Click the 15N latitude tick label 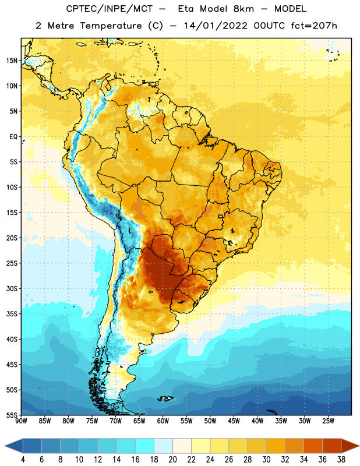(x=12, y=61)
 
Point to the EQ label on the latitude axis (x=13, y=137)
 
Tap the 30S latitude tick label (x=12, y=288)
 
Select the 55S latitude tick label (x=12, y=415)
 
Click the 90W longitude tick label (x=21, y=421)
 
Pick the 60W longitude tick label (x=163, y=421)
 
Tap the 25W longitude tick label (x=328, y=421)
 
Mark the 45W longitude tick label (x=234, y=421)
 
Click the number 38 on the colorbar (x=341, y=460)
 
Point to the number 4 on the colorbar (x=23, y=460)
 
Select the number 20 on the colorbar (x=172, y=460)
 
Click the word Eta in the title (x=185, y=9)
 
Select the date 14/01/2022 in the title (x=215, y=26)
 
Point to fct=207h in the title (x=314, y=26)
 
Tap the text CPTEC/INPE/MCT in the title (x=109, y=9)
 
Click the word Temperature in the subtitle (x=111, y=26)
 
